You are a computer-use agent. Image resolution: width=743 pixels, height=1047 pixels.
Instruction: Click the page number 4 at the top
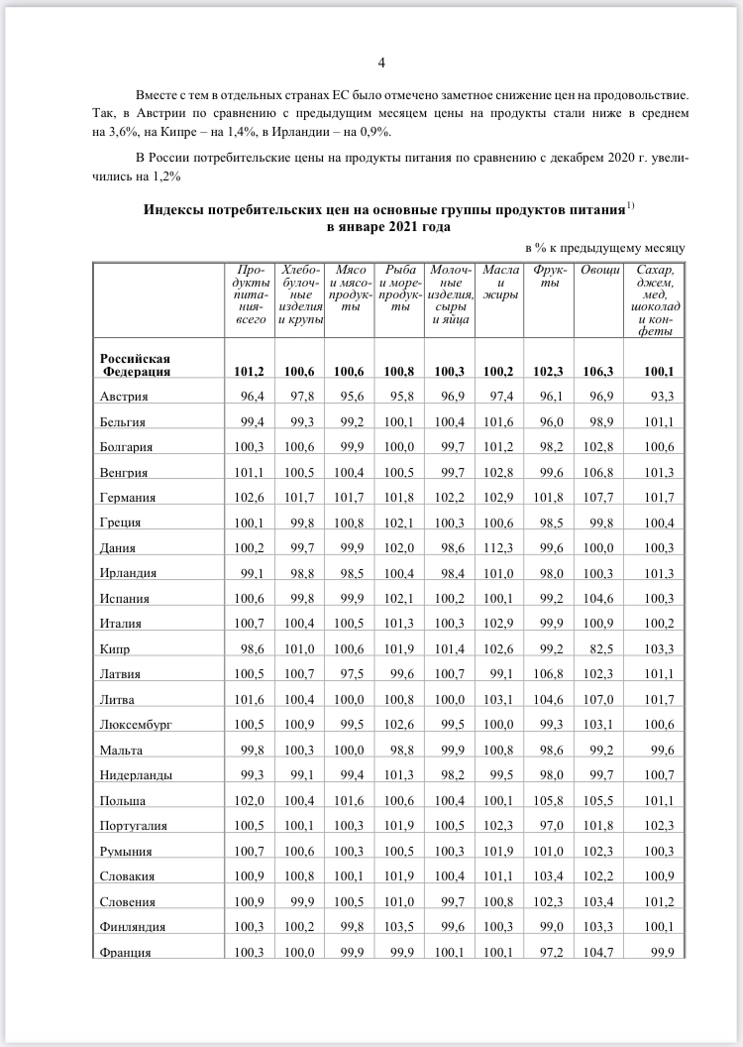pos(381,64)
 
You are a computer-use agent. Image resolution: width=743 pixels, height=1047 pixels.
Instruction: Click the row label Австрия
pos(124,397)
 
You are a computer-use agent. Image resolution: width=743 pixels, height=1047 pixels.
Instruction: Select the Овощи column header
pos(600,271)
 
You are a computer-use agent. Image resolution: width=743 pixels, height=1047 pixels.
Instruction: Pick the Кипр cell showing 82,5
pos(603,648)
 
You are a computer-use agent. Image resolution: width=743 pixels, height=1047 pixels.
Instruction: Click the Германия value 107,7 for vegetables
pos(603,497)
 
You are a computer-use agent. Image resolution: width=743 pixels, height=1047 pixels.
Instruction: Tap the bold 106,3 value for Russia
pos(602,372)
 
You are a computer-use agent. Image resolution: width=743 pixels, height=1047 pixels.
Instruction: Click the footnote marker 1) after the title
pos(628,206)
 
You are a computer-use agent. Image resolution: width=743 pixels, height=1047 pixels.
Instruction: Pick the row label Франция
pos(125,953)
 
